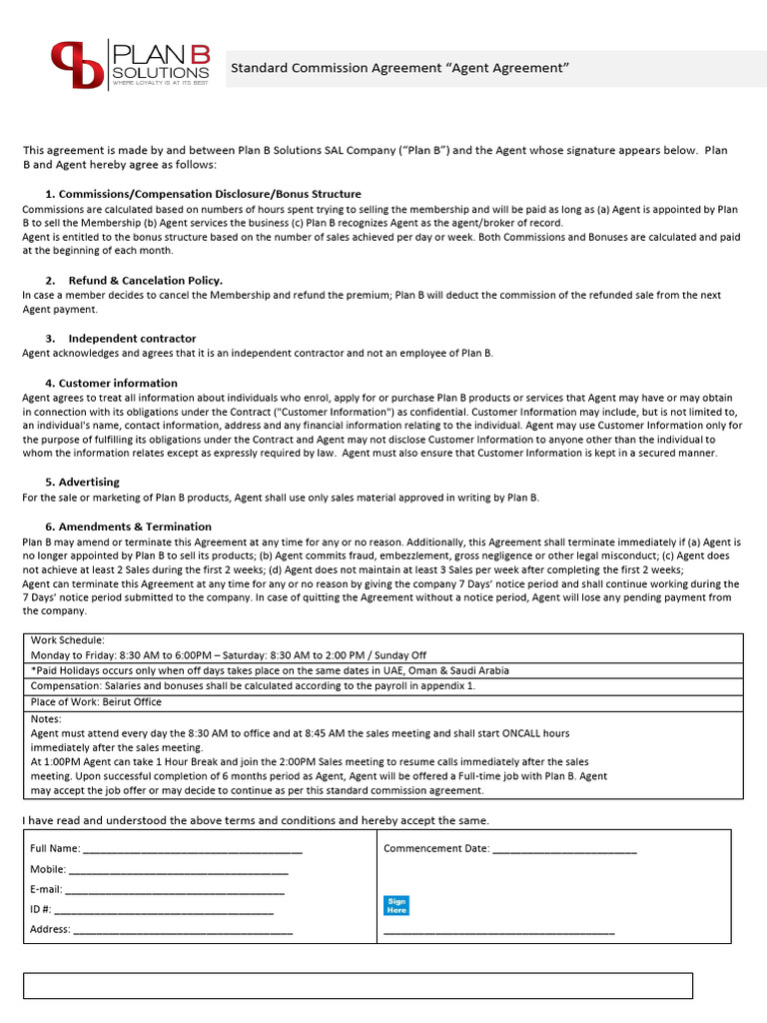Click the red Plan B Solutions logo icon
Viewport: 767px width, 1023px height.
click(x=77, y=65)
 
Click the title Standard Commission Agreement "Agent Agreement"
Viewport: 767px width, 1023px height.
click(x=399, y=68)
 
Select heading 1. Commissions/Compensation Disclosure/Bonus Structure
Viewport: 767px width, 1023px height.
click(x=203, y=194)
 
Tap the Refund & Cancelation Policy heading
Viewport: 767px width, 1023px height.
click(x=145, y=281)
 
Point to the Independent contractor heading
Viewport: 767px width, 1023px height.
click(x=132, y=338)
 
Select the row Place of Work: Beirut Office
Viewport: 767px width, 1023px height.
click(x=96, y=702)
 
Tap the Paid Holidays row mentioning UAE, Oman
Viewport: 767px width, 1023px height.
click(x=270, y=670)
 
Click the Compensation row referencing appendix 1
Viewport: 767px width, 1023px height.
click(x=254, y=686)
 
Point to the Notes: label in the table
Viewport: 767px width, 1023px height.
click(x=47, y=718)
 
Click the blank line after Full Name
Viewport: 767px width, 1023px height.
click(x=192, y=850)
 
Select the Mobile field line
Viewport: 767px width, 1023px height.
click(x=181, y=871)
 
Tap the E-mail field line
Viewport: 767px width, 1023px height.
click(x=175, y=890)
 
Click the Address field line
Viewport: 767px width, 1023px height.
click(x=184, y=930)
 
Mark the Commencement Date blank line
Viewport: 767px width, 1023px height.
click(x=564, y=850)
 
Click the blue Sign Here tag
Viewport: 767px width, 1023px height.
click(x=396, y=906)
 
